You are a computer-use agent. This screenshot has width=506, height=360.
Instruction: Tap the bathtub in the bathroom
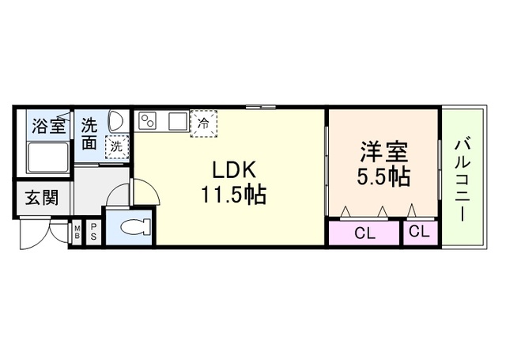(47, 157)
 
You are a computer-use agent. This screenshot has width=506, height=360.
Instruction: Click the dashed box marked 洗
(116, 146)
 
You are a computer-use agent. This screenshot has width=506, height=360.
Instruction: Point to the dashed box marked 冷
(203, 123)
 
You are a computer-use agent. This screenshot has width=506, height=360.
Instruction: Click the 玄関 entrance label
(39, 199)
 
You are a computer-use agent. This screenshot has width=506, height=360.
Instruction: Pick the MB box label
(77, 232)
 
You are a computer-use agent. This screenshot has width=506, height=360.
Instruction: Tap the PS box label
(93, 232)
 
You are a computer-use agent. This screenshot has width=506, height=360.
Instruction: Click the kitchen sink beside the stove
(176, 121)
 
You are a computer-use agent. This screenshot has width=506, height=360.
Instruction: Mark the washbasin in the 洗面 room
(115, 121)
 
